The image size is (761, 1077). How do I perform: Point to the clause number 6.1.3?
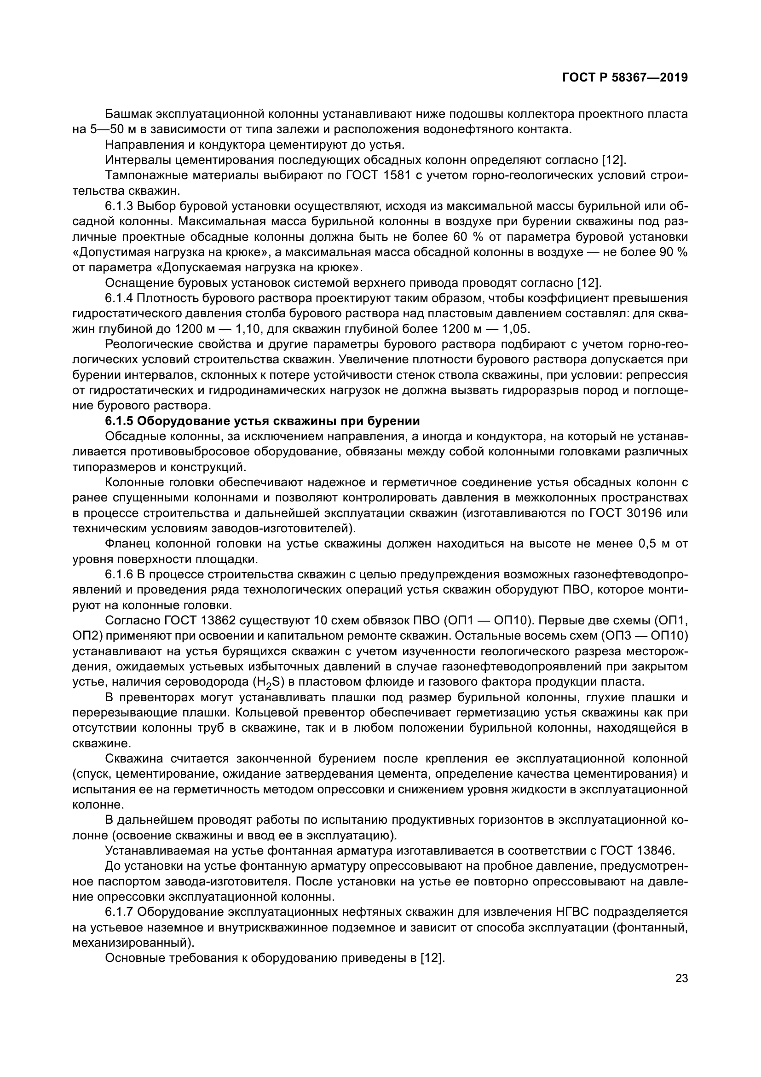[120, 206]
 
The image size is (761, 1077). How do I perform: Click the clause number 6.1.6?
[120, 574]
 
